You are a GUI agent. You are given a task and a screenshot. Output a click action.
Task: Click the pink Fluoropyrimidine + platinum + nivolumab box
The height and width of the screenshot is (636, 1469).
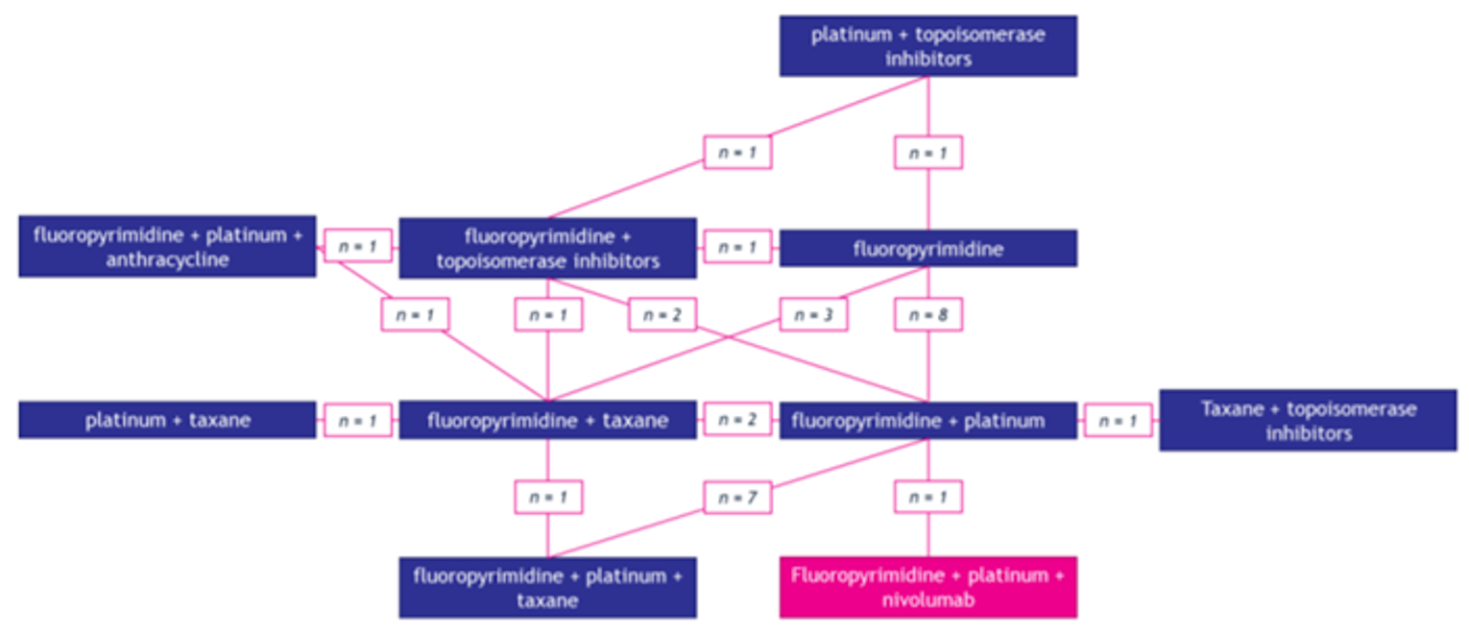927,587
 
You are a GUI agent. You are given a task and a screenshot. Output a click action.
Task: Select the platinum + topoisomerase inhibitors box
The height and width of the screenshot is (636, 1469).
927,46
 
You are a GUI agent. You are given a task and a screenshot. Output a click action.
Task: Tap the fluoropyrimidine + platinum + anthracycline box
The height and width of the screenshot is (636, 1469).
167,247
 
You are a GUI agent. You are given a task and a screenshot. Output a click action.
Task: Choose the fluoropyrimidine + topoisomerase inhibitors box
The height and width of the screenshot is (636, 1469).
547,248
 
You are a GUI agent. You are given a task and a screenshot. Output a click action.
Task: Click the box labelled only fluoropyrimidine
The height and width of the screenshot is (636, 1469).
927,249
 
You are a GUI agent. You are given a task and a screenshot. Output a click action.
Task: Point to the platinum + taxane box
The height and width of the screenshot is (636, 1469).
167,420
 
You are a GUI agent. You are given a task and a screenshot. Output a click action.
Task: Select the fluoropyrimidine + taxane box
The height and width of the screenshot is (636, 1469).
547,420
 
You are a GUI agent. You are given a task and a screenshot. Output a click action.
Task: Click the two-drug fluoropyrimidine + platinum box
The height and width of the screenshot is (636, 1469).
927,420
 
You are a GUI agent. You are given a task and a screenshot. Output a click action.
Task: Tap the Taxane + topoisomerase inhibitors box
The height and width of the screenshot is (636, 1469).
1308,420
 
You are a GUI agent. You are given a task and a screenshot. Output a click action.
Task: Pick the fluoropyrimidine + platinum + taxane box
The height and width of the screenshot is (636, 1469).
547,587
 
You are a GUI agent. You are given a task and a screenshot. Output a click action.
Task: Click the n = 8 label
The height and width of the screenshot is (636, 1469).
927,314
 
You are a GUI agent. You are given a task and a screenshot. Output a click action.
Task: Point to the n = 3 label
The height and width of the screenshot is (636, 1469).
813,314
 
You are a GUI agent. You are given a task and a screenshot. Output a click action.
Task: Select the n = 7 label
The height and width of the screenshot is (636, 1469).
737,497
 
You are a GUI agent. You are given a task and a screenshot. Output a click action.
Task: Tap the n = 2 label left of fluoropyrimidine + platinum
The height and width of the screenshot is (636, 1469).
737,420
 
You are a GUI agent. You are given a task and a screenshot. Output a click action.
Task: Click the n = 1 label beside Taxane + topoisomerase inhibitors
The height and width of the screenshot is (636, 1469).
1118,420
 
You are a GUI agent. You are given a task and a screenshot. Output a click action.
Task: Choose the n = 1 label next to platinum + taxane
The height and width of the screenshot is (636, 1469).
357,420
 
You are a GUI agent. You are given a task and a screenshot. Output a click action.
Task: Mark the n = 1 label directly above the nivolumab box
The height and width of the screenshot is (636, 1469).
927,497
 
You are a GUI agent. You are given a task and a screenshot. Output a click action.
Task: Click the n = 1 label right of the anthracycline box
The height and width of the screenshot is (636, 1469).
357,247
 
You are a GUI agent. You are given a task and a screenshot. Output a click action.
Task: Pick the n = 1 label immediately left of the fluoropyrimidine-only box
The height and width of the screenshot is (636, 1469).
737,247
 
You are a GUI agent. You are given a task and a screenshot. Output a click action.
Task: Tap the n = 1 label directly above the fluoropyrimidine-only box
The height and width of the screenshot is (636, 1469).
927,153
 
